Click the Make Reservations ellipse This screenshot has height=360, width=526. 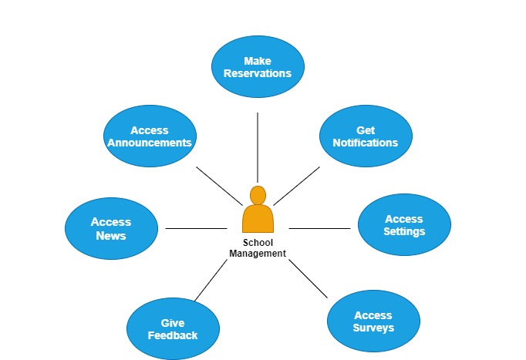pos(258,67)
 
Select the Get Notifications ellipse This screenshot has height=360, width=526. pos(366,136)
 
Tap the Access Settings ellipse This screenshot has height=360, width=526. pos(404,224)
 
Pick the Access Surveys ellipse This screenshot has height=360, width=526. pos(373,321)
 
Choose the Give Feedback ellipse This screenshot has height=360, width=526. pos(173,329)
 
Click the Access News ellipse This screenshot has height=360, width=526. pos(111,228)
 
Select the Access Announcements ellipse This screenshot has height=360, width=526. pos(150,136)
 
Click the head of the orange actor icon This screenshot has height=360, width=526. pos(258,195)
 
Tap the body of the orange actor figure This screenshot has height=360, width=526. pos(258,219)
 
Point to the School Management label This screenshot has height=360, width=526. pos(258,248)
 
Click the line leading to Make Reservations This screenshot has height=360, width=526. pos(258,146)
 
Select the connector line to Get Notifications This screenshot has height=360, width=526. pos(297,185)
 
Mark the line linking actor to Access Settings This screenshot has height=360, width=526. pos(319,228)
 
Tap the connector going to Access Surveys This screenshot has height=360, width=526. pos(309,279)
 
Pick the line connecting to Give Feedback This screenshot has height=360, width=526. pos(211,280)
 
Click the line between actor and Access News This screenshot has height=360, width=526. pos(196,228)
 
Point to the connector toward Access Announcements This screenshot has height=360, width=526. pos(221,186)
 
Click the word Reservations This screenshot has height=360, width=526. pos(258,74)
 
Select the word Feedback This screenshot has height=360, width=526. pos(173,335)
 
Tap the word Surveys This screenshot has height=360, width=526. pos(373,328)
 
